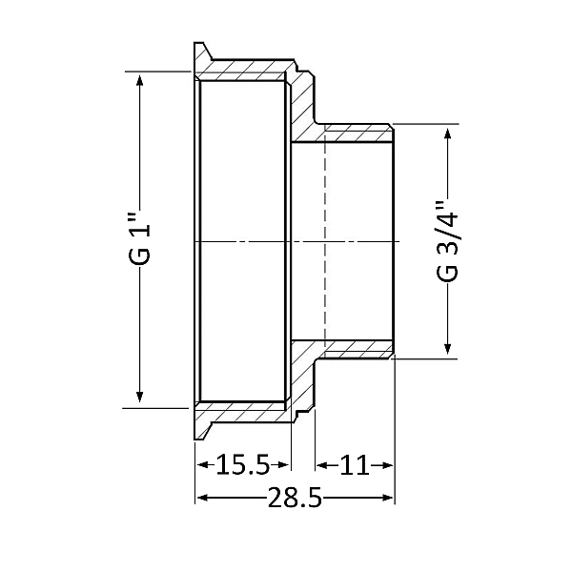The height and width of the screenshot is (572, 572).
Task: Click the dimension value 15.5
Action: tap(243, 466)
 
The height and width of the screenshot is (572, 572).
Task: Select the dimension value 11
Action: tap(354, 466)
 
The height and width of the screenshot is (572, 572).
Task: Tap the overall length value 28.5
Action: tap(295, 499)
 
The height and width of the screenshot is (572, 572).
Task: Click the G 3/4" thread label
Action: tap(446, 241)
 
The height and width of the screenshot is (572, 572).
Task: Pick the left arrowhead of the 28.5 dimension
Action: tap(201, 499)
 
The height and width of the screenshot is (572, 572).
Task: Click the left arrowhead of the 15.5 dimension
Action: tap(202, 465)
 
